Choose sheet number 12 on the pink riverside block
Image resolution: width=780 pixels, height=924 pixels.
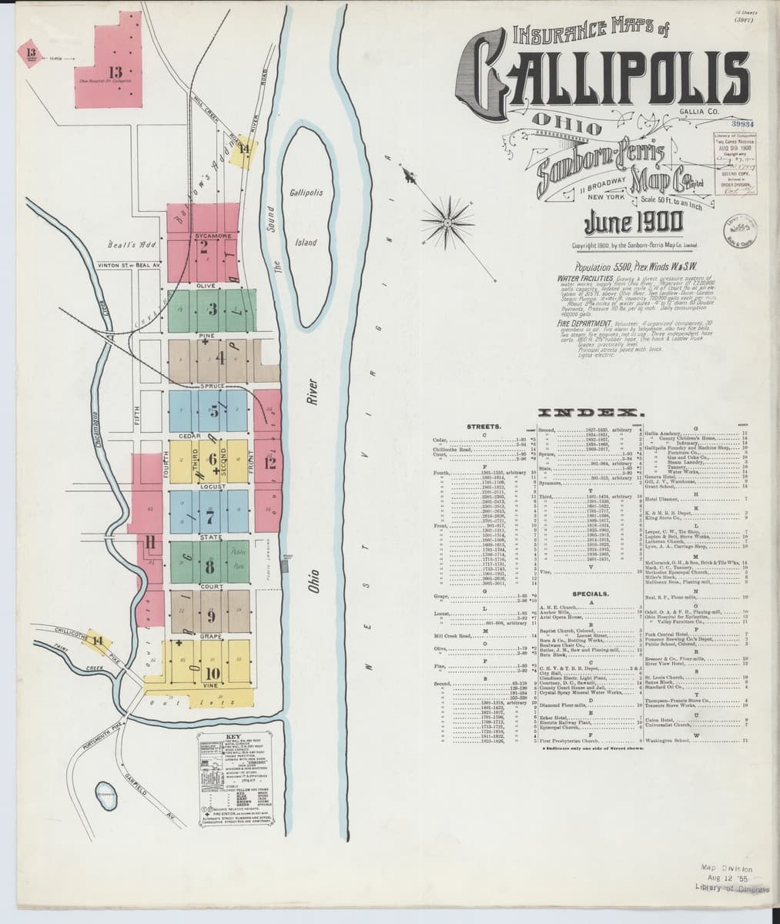[x=269, y=464]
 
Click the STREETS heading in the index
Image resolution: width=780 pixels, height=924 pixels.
[x=485, y=426]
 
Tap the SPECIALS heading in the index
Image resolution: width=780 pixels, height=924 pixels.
[x=591, y=594]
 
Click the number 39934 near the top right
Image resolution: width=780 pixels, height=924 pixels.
[x=743, y=122]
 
